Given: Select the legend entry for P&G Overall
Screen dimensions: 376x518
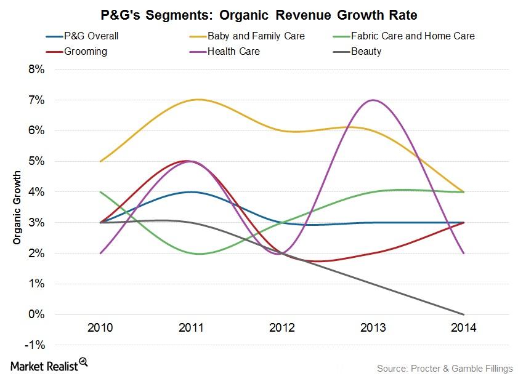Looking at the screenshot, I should [91, 36].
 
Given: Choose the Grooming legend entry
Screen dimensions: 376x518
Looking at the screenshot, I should [85, 51].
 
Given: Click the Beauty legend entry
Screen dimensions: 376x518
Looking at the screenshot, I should [366, 51].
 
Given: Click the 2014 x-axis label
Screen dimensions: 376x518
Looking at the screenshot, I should [463, 327].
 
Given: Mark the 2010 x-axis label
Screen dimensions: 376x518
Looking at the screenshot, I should [100, 327].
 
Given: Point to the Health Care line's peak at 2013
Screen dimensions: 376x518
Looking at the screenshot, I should [372, 100].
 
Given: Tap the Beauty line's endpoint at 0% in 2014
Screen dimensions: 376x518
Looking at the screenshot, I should [463, 314].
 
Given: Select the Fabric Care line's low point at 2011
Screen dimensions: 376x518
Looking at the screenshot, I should [198, 254].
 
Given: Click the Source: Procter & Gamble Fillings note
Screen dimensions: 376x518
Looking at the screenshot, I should [444, 368].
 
